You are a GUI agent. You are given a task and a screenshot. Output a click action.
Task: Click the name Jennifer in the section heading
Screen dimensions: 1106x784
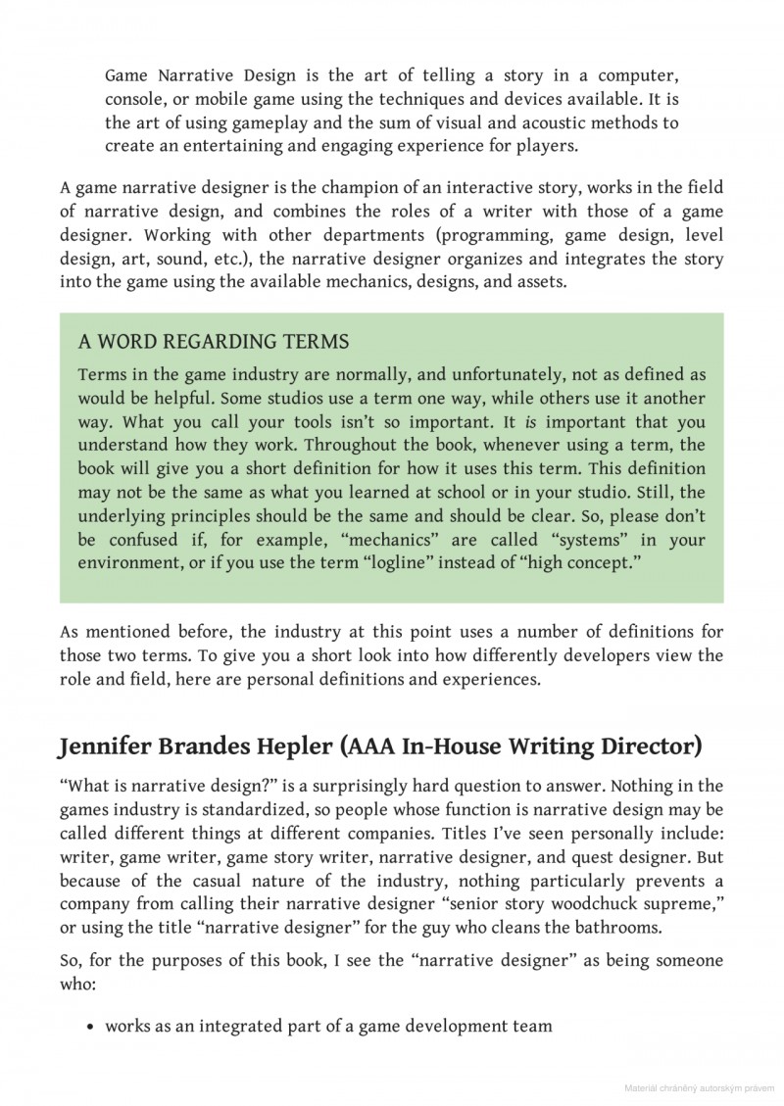point(112,746)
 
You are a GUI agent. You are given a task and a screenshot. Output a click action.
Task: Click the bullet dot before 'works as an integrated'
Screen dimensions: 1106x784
point(90,1028)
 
